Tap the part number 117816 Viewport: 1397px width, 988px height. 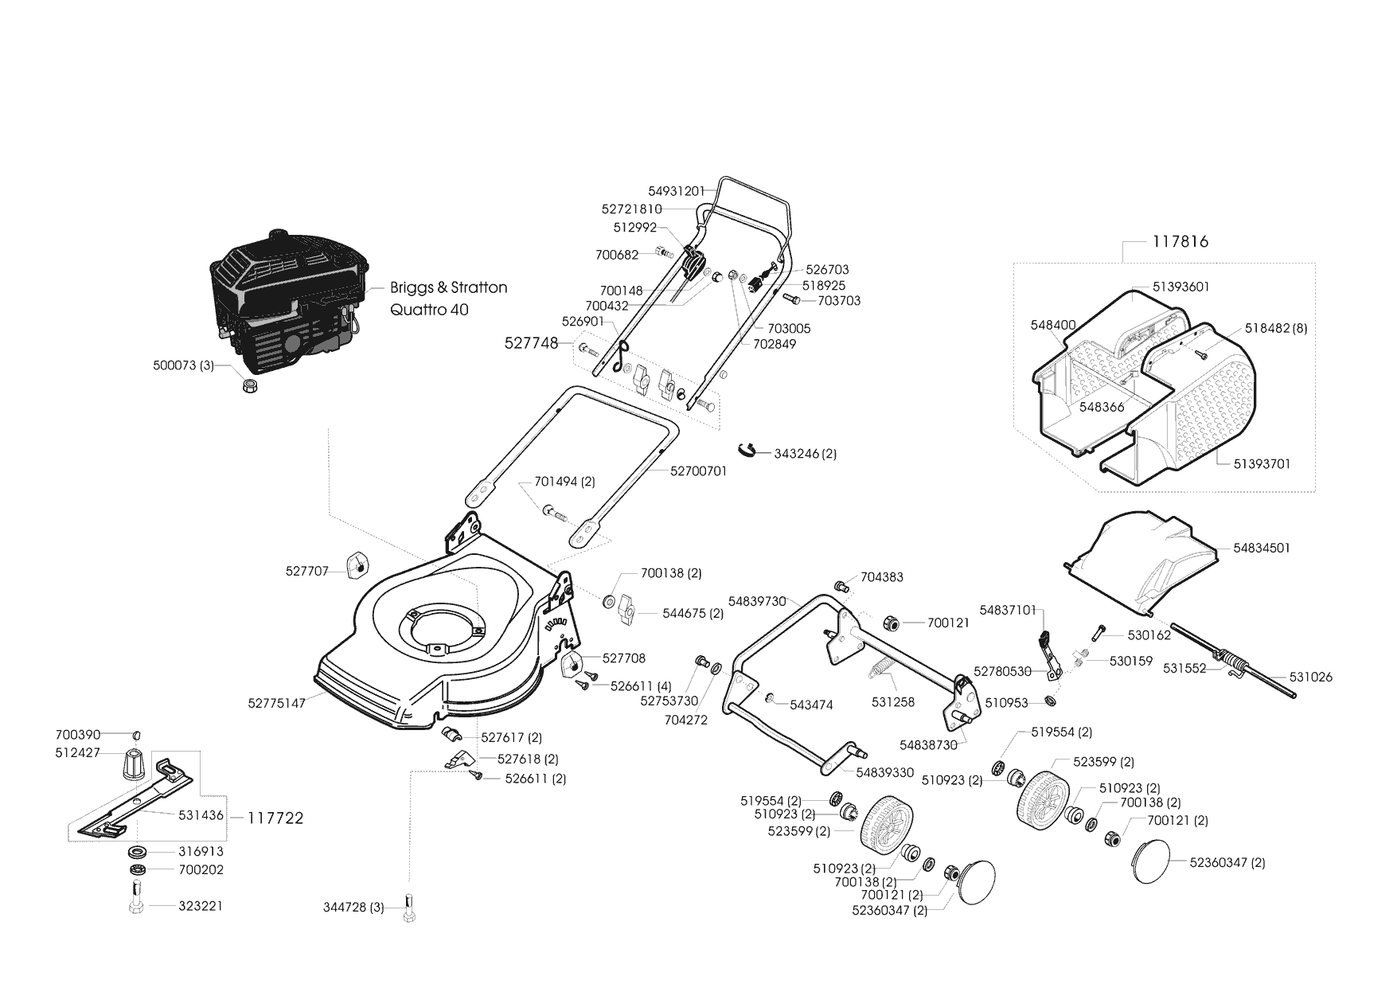point(1180,241)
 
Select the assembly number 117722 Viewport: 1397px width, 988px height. point(275,818)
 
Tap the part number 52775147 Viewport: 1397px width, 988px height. point(276,704)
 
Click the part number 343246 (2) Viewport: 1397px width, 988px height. point(806,454)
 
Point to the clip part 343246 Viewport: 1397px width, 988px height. point(749,448)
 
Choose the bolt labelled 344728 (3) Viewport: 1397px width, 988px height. point(409,906)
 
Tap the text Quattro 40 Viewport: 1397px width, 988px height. point(430,309)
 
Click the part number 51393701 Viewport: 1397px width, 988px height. point(1262,463)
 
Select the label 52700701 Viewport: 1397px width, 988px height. point(699,471)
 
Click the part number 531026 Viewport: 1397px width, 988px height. point(1311,678)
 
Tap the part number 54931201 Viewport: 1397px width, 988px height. point(677,191)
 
